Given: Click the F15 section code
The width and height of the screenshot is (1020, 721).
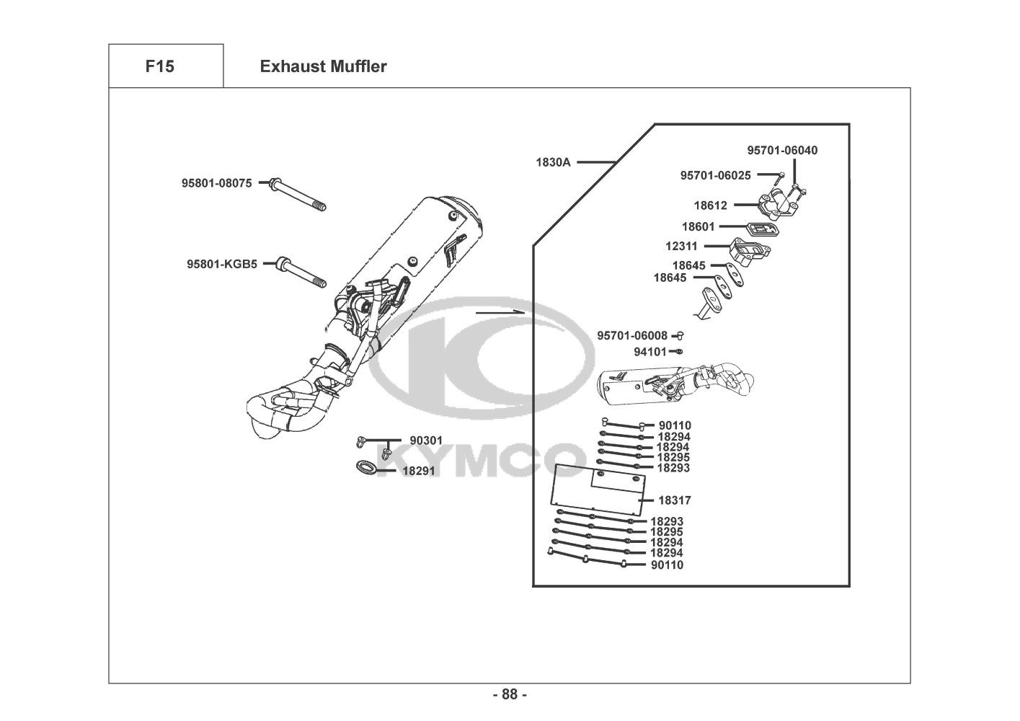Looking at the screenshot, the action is pyautogui.click(x=159, y=66).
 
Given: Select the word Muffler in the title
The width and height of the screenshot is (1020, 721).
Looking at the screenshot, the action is pyautogui.click(x=358, y=66).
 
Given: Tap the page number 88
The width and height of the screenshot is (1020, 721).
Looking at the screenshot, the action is pyautogui.click(x=510, y=694).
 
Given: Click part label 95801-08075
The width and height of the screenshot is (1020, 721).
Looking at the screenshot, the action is pyautogui.click(x=217, y=183).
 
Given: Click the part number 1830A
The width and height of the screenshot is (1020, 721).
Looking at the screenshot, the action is pyautogui.click(x=553, y=162).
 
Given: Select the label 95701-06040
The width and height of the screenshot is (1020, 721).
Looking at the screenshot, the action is pyautogui.click(x=782, y=150).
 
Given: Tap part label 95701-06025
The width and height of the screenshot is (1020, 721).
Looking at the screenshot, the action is pyautogui.click(x=715, y=175).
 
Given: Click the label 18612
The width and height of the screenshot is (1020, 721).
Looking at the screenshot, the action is pyautogui.click(x=710, y=205).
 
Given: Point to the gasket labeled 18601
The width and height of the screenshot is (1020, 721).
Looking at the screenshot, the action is pyautogui.click(x=762, y=229).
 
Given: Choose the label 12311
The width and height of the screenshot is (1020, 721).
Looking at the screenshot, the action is pyautogui.click(x=681, y=247).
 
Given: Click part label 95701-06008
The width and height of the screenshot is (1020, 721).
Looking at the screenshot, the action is pyautogui.click(x=632, y=336).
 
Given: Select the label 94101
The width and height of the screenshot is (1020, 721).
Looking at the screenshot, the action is pyautogui.click(x=649, y=352).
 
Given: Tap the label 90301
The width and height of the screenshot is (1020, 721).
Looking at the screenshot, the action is pyautogui.click(x=426, y=441).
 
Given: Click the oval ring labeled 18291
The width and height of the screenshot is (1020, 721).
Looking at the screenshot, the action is pyautogui.click(x=365, y=467).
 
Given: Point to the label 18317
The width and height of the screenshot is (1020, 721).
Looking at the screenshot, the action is pyautogui.click(x=675, y=500).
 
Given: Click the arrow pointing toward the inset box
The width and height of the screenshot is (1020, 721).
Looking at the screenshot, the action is pyautogui.click(x=500, y=312).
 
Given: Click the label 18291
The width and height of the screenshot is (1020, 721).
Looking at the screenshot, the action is pyautogui.click(x=419, y=471).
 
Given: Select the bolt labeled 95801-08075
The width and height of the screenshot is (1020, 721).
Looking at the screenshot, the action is pyautogui.click(x=298, y=195).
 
